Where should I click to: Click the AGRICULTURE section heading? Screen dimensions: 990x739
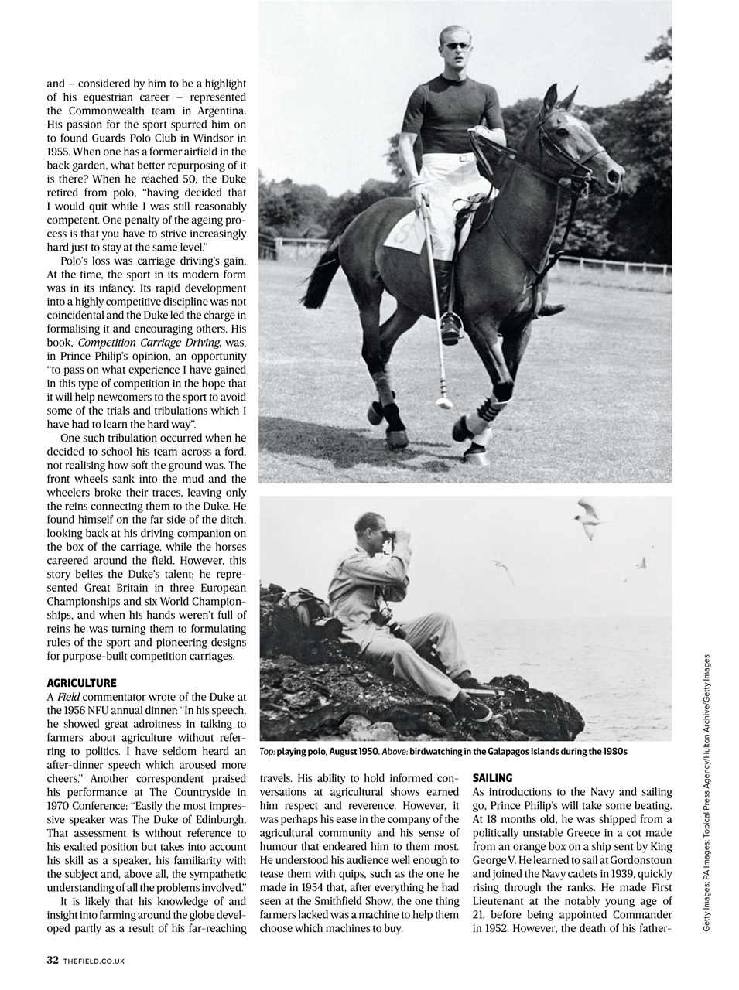[81, 683]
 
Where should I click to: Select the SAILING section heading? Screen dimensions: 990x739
[492, 779]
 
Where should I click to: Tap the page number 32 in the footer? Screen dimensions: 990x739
[53, 960]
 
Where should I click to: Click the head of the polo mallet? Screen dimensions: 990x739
[443, 401]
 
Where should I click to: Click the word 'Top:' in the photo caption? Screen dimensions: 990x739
[267, 751]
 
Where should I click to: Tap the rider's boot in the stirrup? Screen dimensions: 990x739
[450, 330]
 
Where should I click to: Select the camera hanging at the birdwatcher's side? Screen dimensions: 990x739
[379, 618]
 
